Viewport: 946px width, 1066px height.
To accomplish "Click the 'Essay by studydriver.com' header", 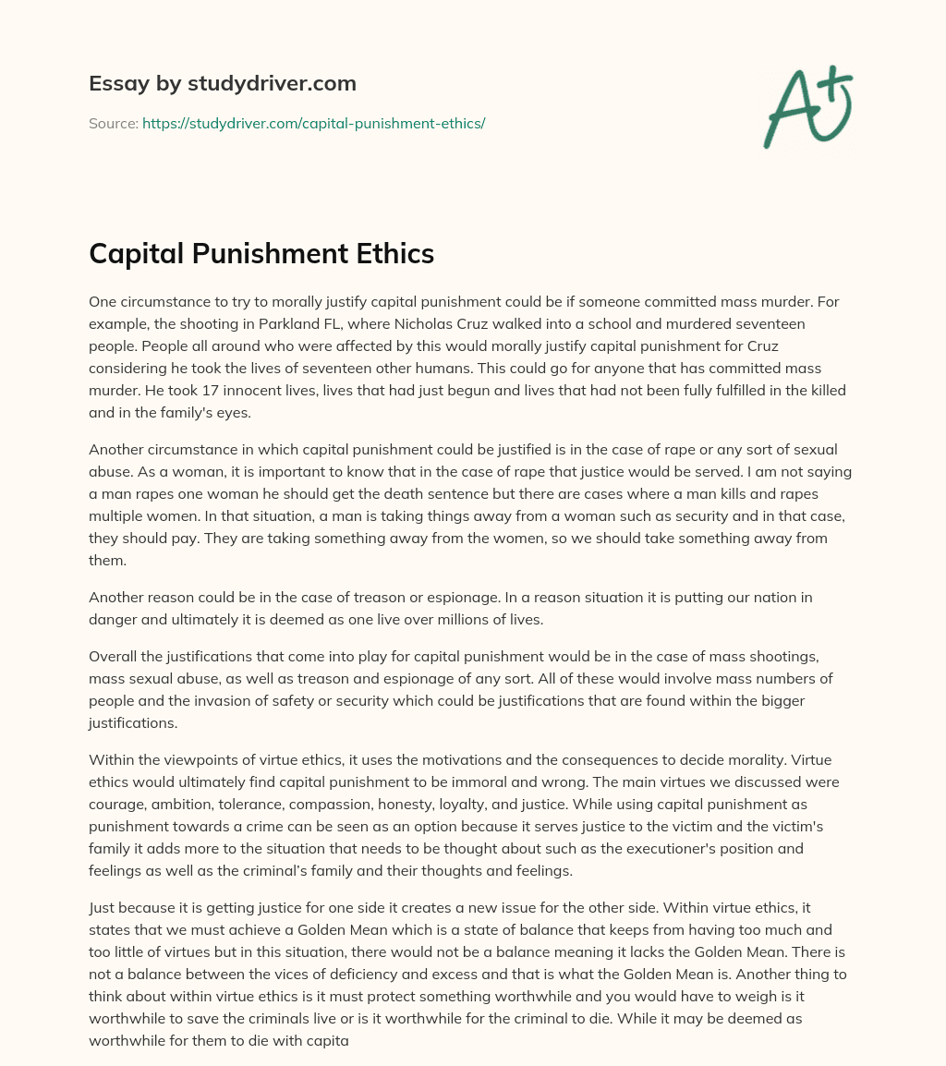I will (x=222, y=84).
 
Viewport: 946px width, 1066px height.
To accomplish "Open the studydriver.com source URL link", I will (x=313, y=123).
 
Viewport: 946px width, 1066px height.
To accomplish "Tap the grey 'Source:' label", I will (x=114, y=123).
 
